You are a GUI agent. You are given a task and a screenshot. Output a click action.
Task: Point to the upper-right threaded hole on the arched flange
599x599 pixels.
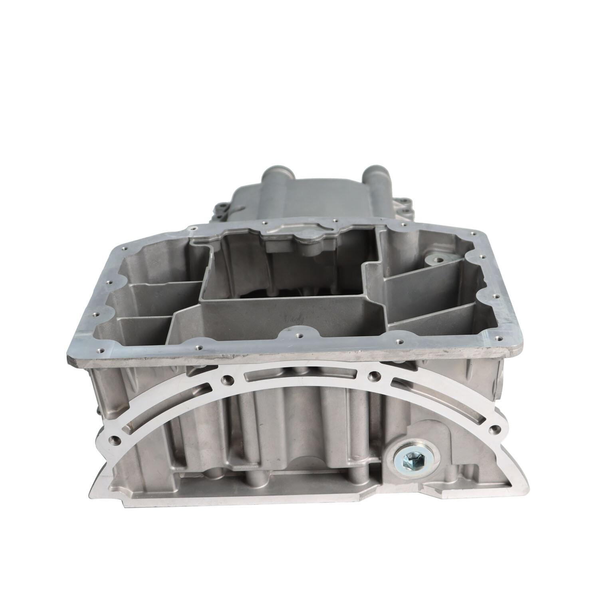[373, 375]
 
